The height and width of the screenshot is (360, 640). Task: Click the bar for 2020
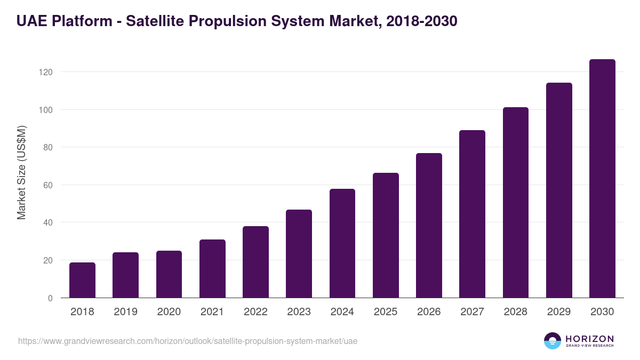pyautogui.click(x=169, y=274)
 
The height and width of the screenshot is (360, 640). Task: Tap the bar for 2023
pyautogui.click(x=299, y=254)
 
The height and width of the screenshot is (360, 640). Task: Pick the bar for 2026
pyautogui.click(x=429, y=226)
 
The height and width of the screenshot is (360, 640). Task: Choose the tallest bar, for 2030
pyautogui.click(x=602, y=179)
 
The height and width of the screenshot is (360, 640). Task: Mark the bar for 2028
pyautogui.click(x=515, y=203)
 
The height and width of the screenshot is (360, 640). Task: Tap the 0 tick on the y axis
pyautogui.click(x=51, y=298)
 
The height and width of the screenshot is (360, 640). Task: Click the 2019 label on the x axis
pyautogui.click(x=126, y=312)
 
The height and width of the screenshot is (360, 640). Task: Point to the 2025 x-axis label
pyautogui.click(x=386, y=312)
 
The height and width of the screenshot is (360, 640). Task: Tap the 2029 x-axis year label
pyautogui.click(x=559, y=312)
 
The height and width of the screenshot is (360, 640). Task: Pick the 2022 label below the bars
pyautogui.click(x=255, y=312)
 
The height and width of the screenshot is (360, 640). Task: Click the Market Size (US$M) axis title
pyautogui.click(x=21, y=173)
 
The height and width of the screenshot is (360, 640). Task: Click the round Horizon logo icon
pyautogui.click(x=553, y=341)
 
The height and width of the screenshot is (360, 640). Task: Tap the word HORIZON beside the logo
pyautogui.click(x=589, y=338)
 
